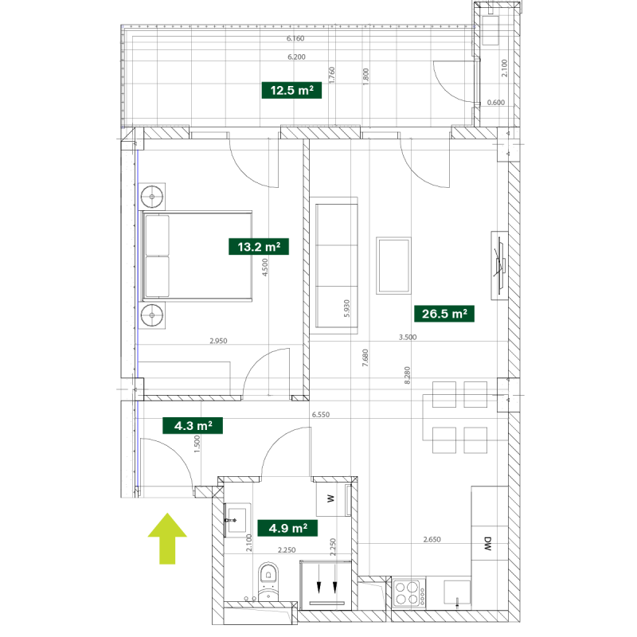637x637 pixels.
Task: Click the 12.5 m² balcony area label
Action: point(291,90)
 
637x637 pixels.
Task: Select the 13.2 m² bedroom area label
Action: point(259,247)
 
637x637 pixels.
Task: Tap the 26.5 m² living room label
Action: point(444,314)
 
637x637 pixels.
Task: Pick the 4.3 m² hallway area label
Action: point(193,426)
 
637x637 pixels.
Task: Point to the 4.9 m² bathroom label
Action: point(287,528)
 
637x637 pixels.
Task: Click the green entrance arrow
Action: point(167,538)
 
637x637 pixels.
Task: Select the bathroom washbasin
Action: point(237,518)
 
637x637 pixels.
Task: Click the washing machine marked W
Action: point(330,499)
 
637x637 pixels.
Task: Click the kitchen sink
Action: point(457,593)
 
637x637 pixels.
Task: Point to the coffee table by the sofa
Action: point(393,265)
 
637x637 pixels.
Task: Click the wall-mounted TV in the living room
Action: point(500,265)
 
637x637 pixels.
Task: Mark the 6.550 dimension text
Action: point(321,415)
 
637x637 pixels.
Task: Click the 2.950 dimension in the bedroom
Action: point(218,341)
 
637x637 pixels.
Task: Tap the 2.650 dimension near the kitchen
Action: point(432,540)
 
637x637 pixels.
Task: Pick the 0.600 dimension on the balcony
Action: point(495,103)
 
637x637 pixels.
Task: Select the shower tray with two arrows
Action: point(326,585)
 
